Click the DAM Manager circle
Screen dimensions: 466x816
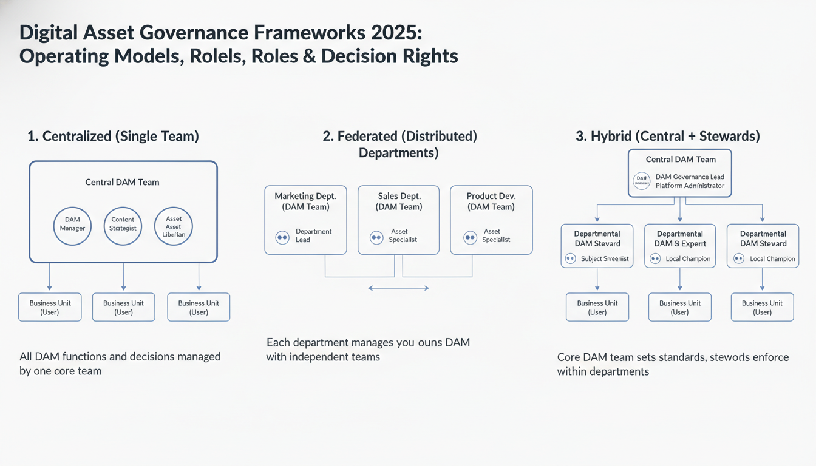click(x=73, y=226)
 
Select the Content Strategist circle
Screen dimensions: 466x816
click(x=123, y=226)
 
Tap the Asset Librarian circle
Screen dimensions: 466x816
click(x=174, y=226)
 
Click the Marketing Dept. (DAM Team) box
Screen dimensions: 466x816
click(x=305, y=220)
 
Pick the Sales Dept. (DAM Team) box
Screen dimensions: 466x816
click(x=399, y=220)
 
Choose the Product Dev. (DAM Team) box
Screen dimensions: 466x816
click(x=491, y=220)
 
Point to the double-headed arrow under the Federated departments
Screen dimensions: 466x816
click(x=399, y=288)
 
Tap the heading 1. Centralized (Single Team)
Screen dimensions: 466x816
click(x=113, y=136)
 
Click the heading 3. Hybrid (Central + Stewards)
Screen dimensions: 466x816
click(x=667, y=136)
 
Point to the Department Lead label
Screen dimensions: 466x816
click(x=313, y=235)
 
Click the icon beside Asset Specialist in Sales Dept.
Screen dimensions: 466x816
click(x=376, y=238)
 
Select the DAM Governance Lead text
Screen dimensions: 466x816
click(x=690, y=177)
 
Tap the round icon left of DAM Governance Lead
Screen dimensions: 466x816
click(x=642, y=180)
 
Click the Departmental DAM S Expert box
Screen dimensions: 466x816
click(x=679, y=246)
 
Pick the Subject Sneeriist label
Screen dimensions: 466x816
click(x=605, y=258)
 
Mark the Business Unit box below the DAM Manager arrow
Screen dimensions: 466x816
click(x=50, y=307)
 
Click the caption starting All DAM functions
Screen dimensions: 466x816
click(x=120, y=363)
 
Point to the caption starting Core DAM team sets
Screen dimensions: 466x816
click(x=673, y=364)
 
